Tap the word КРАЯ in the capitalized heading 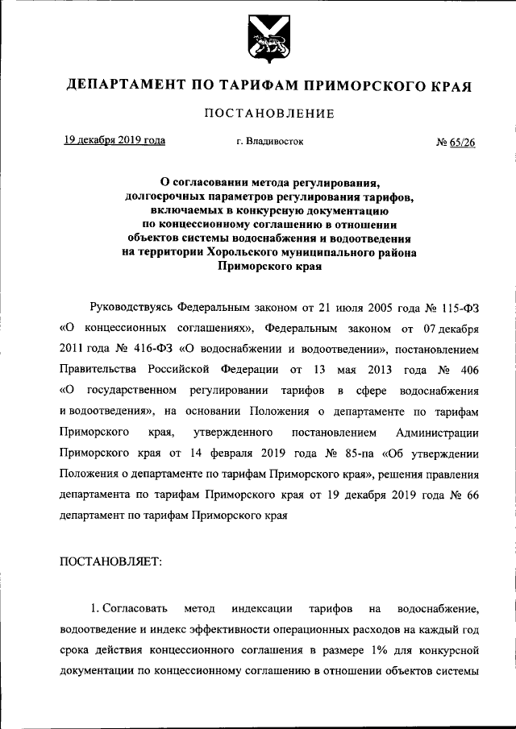tap(453, 85)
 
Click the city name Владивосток tap(276, 142)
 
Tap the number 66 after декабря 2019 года tap(472, 495)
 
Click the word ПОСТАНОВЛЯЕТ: tap(111, 563)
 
